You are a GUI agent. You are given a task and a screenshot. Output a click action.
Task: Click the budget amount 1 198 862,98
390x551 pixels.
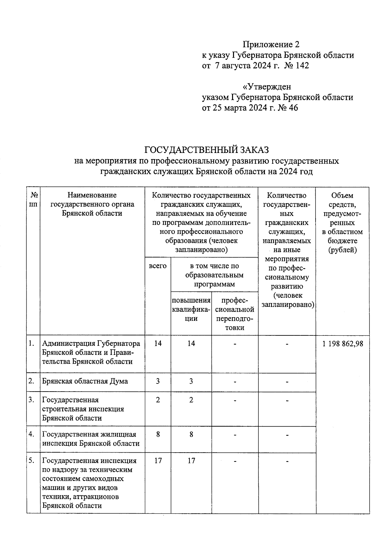click(343, 344)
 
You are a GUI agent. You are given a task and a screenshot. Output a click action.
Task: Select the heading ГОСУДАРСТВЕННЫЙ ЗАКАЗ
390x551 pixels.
click(207, 150)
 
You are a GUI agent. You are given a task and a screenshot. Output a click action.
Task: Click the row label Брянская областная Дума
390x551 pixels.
click(85, 381)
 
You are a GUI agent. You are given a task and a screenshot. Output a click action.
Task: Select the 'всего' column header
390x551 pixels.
click(158, 266)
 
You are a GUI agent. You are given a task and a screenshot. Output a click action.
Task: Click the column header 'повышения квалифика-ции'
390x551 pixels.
click(191, 309)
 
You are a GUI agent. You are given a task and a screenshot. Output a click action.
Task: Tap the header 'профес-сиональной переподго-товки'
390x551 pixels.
click(235, 314)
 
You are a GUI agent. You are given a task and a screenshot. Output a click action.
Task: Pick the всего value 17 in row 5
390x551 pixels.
click(158, 460)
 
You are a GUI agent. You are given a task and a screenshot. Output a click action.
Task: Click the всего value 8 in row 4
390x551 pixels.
click(158, 434)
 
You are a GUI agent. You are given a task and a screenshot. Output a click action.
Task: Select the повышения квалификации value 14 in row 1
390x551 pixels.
click(191, 344)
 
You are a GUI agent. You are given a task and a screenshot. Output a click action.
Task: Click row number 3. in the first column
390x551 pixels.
click(31, 400)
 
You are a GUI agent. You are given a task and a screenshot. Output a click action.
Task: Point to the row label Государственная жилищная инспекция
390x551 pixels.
click(91, 439)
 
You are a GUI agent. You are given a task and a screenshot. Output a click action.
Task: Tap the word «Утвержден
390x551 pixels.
click(267, 87)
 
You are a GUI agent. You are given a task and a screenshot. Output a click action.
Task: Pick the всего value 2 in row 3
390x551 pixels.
click(158, 400)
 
